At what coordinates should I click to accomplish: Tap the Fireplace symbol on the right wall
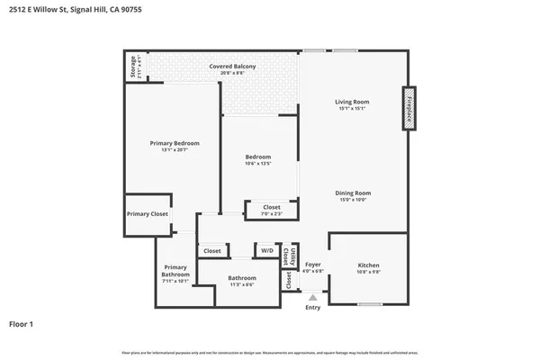pyautogui.click(x=408, y=108)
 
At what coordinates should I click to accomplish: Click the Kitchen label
pyautogui.click(x=369, y=267)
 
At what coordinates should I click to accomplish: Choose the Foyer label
pyautogui.click(x=312, y=267)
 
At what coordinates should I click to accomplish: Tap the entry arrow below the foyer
pyautogui.click(x=312, y=295)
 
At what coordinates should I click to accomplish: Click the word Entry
pyautogui.click(x=312, y=308)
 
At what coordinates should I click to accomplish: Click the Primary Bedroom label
pyautogui.click(x=174, y=146)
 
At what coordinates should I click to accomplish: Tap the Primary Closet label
pyautogui.click(x=147, y=214)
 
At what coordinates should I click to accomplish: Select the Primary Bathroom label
pyautogui.click(x=175, y=274)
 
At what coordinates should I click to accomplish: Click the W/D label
pyautogui.click(x=267, y=251)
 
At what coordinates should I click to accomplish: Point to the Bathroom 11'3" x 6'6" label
pyautogui.click(x=241, y=280)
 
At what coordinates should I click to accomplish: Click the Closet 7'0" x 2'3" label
pyautogui.click(x=271, y=210)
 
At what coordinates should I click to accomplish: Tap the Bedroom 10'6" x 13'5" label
pyautogui.click(x=258, y=160)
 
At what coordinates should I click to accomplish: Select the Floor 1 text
pyautogui.click(x=22, y=324)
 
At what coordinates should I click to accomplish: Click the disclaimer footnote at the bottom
pyautogui.click(x=269, y=352)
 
